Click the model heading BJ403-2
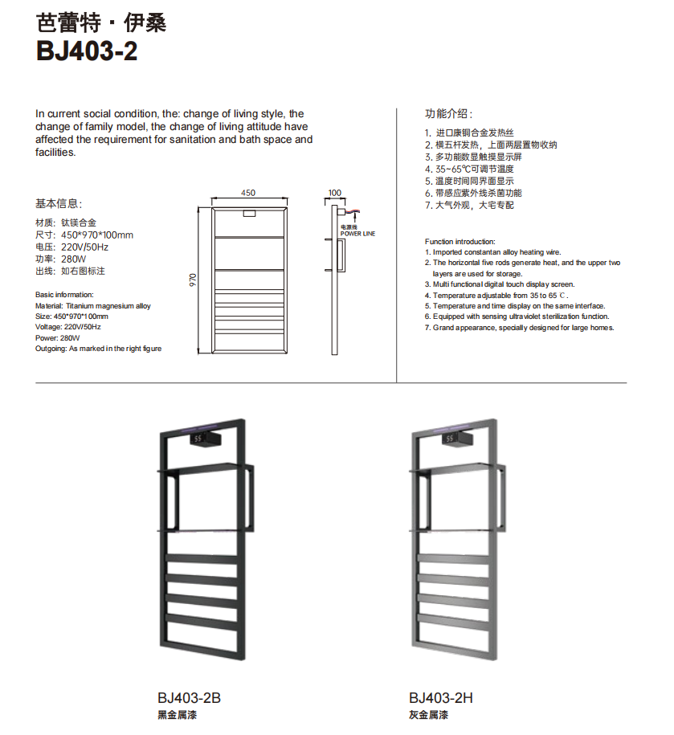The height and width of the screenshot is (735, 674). coord(87,51)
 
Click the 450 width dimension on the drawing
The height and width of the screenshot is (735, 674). coord(248,193)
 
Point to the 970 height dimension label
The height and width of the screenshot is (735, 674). coord(193,280)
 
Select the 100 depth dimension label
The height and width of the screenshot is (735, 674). coord(336,193)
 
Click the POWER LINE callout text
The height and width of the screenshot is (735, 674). coord(357,234)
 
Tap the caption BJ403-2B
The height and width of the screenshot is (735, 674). coord(189,698)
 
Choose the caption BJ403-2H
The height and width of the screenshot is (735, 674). coord(440,698)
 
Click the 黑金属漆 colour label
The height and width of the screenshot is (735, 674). coord(177,715)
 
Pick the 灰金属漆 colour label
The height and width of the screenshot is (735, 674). coord(428,715)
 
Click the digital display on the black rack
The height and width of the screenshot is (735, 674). coord(201,439)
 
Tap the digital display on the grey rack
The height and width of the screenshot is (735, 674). coord(448,439)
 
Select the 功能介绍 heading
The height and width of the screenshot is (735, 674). coord(449,113)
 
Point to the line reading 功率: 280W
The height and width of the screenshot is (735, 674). coord(60,259)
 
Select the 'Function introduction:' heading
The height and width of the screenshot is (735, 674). coord(460,242)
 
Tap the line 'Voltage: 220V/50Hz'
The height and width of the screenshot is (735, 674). coord(69,327)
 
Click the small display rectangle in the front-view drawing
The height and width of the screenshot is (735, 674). coord(249,214)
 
